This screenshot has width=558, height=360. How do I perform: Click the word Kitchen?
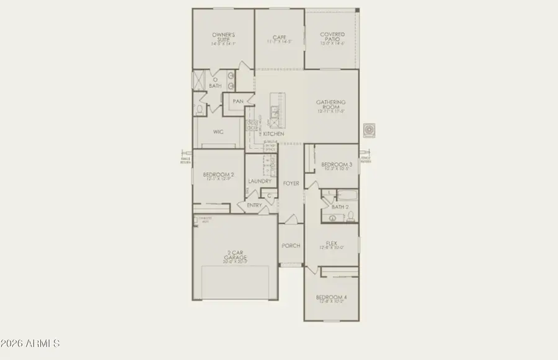(273, 134)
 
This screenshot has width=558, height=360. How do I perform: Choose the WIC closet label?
(218, 131)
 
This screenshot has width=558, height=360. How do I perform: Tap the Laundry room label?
(260, 182)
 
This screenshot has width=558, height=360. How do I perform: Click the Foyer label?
(291, 183)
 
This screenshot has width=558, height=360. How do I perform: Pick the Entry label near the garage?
(254, 205)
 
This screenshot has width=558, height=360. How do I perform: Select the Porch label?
(290, 246)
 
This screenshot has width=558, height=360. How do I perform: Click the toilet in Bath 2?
(350, 216)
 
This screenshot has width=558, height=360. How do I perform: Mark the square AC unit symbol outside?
(370, 130)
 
